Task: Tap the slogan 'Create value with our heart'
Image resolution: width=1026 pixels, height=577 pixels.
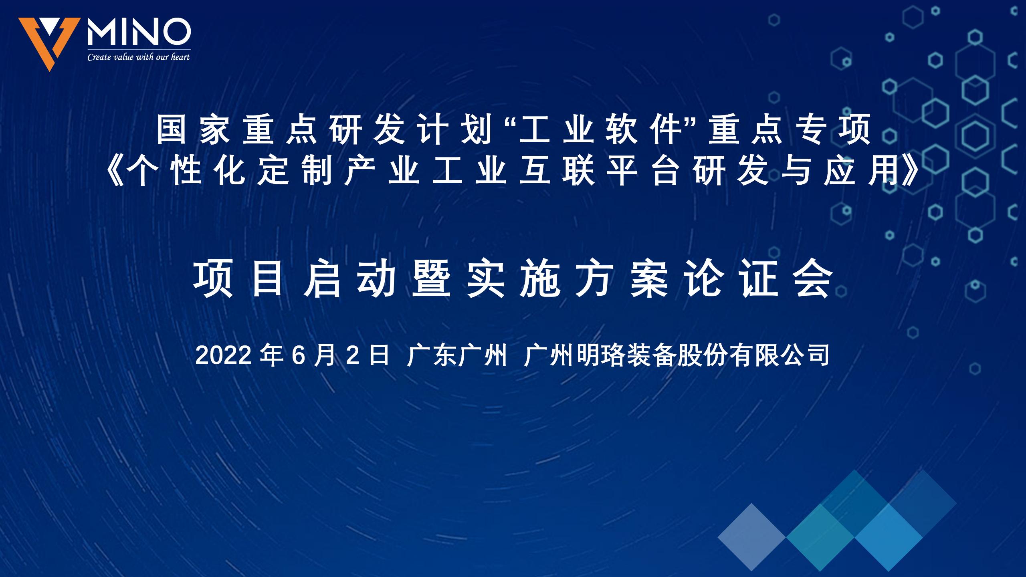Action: (139, 57)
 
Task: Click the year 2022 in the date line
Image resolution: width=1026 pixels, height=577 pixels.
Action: (224, 355)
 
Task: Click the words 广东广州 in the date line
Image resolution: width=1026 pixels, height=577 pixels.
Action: (457, 355)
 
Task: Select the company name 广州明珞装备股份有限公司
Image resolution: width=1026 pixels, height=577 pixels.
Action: (677, 355)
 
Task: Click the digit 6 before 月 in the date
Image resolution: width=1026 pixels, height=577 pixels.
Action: (299, 355)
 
